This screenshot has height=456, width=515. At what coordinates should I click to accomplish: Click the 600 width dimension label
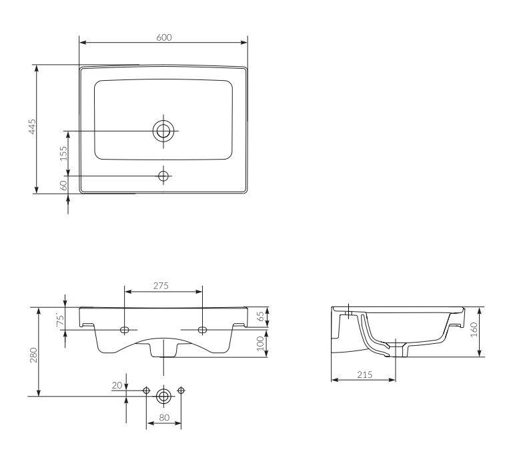pyautogui.click(x=163, y=37)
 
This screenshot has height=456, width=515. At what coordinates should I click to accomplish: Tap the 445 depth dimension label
pyautogui.click(x=32, y=127)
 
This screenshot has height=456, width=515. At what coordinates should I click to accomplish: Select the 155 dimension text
pyautogui.click(x=63, y=153)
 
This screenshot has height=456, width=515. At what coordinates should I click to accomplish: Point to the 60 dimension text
pyautogui.click(x=64, y=185)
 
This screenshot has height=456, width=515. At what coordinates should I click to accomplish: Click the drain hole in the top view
pyautogui.click(x=163, y=131)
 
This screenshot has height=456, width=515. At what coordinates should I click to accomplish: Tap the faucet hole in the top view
pyautogui.click(x=163, y=176)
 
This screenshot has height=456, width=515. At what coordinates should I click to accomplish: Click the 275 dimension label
pyautogui.click(x=161, y=286)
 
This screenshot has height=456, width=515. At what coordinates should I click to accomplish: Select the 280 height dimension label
pyautogui.click(x=33, y=355)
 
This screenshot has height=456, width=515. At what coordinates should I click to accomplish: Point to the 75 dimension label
pyautogui.click(x=60, y=320)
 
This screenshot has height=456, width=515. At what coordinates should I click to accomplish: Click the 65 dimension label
pyautogui.click(x=260, y=316)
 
